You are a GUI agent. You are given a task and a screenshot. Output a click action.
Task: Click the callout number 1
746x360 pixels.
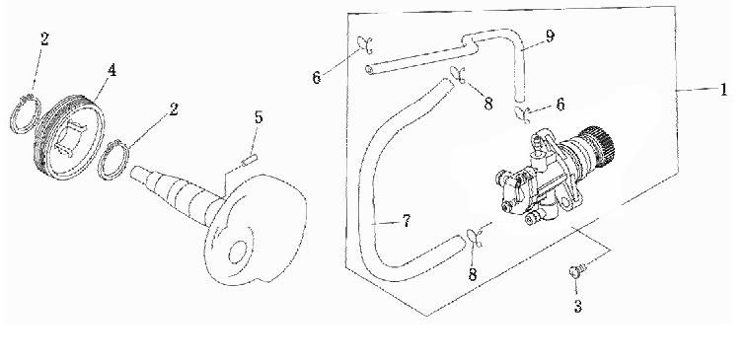point(723,90)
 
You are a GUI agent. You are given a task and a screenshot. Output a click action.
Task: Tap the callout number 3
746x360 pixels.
point(577,307)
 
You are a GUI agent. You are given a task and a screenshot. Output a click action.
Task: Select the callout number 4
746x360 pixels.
point(112,70)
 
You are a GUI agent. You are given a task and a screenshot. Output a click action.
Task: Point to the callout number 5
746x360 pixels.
point(259,117)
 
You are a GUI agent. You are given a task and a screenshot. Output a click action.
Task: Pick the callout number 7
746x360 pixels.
point(406,221)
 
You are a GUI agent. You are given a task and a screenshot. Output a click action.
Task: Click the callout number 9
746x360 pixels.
point(550,36)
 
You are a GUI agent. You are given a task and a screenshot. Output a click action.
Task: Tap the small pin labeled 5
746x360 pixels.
point(250,161)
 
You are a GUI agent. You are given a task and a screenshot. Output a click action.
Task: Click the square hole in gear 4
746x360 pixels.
point(67,140)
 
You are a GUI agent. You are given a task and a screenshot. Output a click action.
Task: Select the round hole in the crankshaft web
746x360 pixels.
point(238,252)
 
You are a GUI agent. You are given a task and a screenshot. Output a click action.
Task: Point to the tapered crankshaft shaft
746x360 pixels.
point(175,194)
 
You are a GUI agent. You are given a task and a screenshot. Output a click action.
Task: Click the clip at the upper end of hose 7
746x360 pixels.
point(457,74)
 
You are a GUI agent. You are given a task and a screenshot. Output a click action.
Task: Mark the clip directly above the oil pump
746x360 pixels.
point(522,115)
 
